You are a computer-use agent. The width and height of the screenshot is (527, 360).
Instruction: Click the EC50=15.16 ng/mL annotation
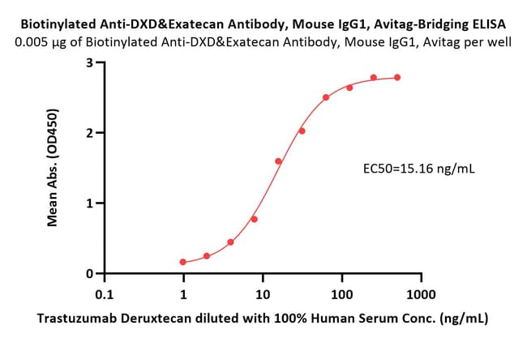[419, 169]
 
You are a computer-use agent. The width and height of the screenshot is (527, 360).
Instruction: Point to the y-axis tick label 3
[89, 63]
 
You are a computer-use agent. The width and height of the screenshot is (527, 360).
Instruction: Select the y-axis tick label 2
[89, 133]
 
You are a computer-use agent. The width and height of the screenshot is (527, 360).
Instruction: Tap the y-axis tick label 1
[89, 204]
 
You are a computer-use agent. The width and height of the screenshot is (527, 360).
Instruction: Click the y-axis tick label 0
[89, 273]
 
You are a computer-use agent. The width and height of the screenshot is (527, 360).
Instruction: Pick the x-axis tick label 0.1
[105, 295]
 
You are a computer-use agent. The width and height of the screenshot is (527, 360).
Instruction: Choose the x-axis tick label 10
[263, 295]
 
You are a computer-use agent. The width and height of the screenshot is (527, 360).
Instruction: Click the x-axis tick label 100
[342, 295]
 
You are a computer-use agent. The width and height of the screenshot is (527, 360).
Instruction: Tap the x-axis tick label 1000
[421, 295]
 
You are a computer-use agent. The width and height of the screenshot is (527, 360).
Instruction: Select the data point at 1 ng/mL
[183, 262]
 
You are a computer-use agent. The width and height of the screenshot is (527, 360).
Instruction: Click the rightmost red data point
[397, 78]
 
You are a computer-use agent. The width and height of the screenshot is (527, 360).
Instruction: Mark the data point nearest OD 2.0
[302, 131]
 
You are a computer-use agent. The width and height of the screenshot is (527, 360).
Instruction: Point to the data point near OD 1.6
[278, 161]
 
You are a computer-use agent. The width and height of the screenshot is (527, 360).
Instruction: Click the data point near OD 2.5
[326, 97]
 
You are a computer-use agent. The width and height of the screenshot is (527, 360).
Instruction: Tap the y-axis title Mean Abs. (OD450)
[53, 167]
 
